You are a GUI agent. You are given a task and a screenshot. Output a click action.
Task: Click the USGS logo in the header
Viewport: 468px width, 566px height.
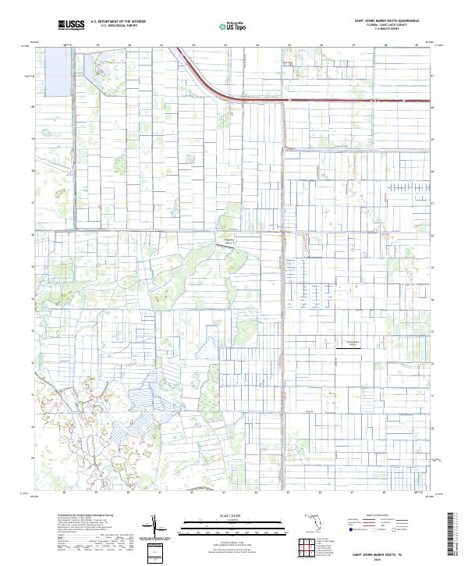coord(71,25)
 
